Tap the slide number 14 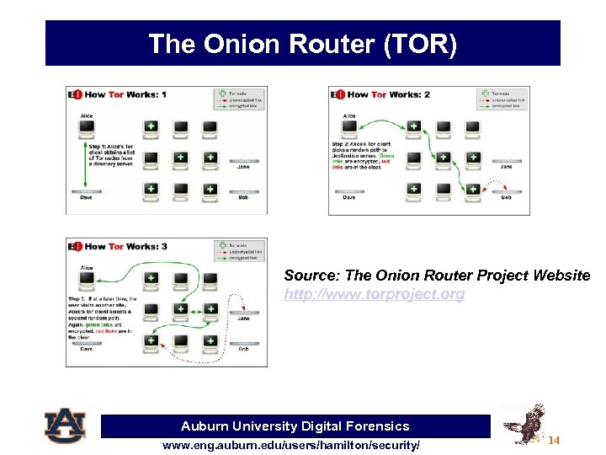pyautogui.click(x=553, y=441)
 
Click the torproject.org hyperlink pyautogui.click(x=374, y=294)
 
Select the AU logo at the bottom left pyautogui.click(x=65, y=426)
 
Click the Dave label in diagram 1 pyautogui.click(x=86, y=198)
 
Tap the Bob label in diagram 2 pyautogui.click(x=505, y=198)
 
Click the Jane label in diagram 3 pyautogui.click(x=243, y=318)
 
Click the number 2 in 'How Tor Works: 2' pyautogui.click(x=427, y=94)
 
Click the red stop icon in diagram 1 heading pyautogui.click(x=77, y=94)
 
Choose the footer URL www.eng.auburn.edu pyautogui.click(x=291, y=444)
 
